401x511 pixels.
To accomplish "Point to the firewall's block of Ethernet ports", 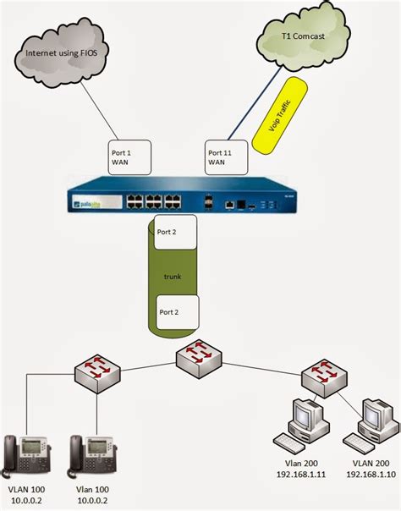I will pos(151,202).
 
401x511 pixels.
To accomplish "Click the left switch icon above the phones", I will pos(94,373).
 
